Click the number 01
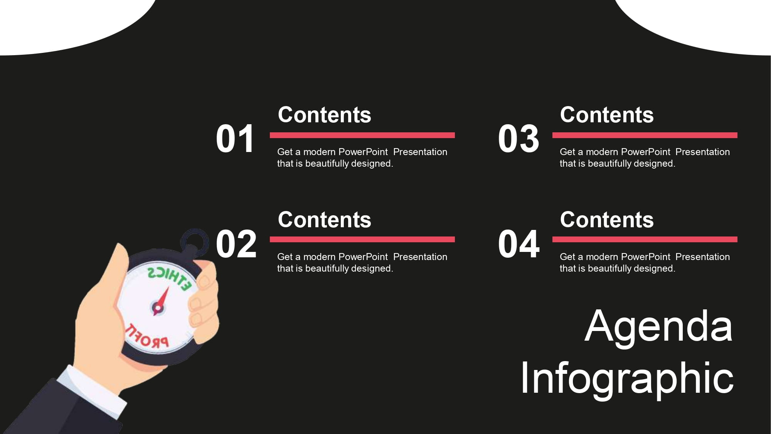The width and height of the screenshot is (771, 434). tap(235, 139)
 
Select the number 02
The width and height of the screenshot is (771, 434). tap(236, 244)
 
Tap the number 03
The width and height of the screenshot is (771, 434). tap(518, 139)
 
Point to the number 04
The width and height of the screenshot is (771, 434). tap(518, 244)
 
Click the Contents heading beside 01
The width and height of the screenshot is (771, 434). tap(324, 115)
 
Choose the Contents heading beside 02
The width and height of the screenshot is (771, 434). tap(324, 220)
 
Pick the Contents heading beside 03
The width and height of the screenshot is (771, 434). tap(607, 115)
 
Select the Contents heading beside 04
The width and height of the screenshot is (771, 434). tap(607, 220)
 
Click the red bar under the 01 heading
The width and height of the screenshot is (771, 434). tap(362, 135)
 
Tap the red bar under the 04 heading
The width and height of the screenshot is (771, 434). tap(645, 240)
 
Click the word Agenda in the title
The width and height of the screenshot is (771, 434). tap(658, 326)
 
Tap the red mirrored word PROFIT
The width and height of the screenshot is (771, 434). tap(147, 338)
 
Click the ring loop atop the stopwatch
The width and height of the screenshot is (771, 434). tap(195, 242)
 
